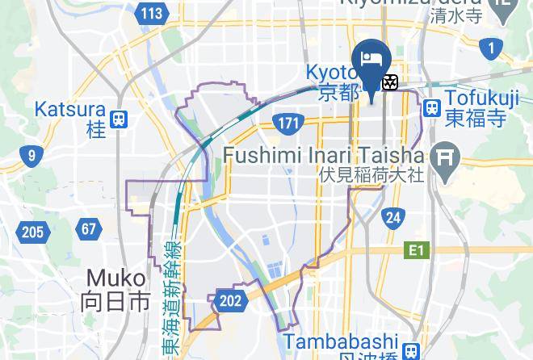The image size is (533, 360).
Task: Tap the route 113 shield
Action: click(152, 14)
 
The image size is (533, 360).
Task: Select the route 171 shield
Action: click(287, 124)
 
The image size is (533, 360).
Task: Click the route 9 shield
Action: click(31, 156)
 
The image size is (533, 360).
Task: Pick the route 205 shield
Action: click(31, 233)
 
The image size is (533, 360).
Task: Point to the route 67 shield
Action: click(89, 229)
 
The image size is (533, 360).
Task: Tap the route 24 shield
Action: click(393, 217)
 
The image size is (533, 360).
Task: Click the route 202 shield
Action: click(230, 302)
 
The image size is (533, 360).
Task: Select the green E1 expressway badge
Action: click(415, 251)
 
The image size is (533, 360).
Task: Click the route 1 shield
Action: click(489, 49)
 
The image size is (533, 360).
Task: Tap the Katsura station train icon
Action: click(119, 118)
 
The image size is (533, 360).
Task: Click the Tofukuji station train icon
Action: click(432, 107)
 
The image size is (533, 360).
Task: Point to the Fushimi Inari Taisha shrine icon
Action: click(443, 155)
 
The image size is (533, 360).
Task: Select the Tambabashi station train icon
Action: click(412, 350)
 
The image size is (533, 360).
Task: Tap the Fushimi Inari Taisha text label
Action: click(323, 154)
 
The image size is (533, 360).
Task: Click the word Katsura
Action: click(71, 109)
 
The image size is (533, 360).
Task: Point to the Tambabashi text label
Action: click(352, 341)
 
